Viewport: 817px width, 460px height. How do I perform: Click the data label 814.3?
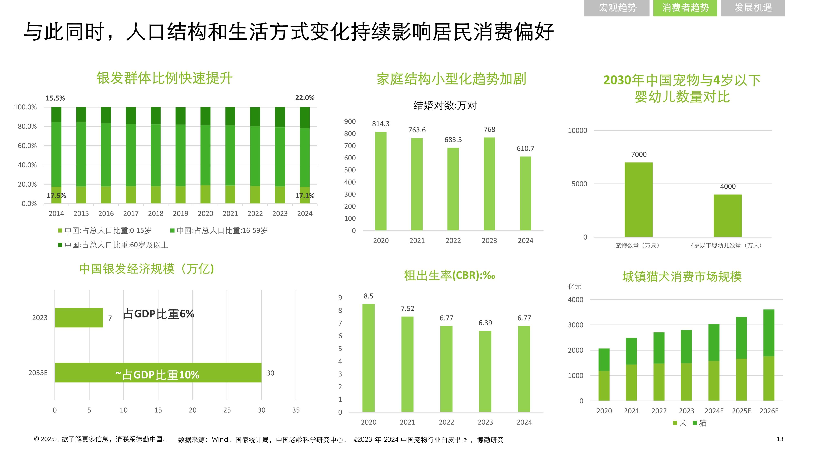click(381, 124)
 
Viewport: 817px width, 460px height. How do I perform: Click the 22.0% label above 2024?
click(305, 98)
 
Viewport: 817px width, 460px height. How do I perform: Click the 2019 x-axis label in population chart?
click(181, 213)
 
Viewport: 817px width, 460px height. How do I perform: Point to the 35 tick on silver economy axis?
click(296, 410)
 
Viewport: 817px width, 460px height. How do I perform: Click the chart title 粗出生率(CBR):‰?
click(449, 275)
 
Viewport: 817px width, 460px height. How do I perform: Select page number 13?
click(780, 439)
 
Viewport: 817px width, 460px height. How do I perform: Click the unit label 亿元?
click(574, 286)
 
